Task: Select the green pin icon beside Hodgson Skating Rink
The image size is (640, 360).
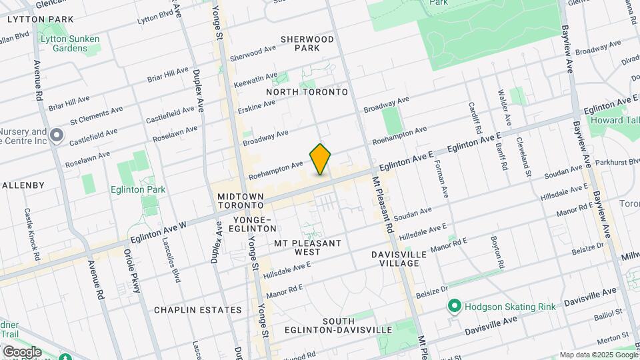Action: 455,307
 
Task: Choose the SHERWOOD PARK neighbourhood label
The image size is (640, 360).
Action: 307,44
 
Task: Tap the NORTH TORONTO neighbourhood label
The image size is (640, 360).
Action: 307,91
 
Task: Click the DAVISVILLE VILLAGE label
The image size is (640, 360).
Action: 396,258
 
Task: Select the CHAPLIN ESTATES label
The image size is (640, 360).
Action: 197,310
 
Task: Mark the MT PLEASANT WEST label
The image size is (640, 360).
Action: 307,247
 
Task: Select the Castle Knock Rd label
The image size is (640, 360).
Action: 30,227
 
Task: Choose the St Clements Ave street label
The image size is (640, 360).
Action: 96,114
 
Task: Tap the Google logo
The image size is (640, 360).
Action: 21,352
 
